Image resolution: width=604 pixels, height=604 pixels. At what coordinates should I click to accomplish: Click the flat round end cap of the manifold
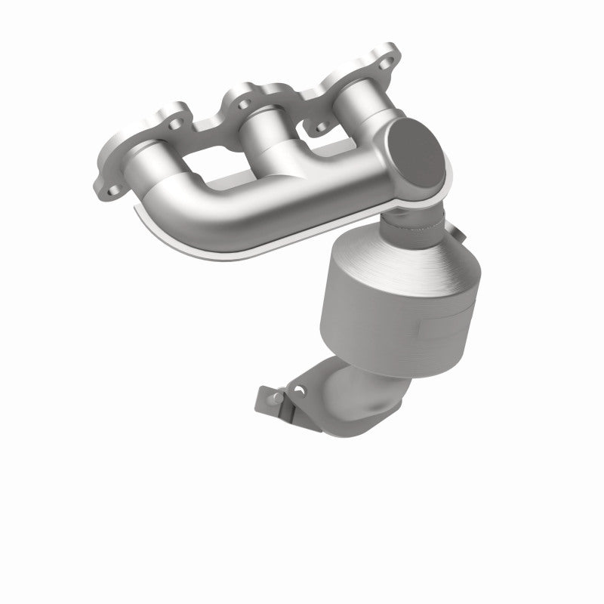(417, 153)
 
